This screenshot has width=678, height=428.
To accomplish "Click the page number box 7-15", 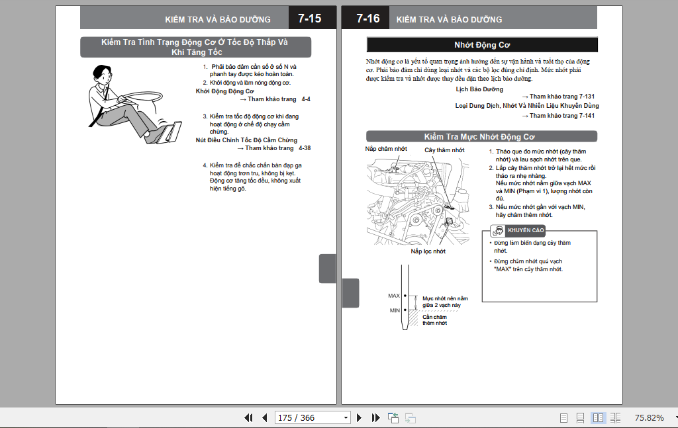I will click(x=309, y=19).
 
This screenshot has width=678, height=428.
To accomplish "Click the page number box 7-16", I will click(x=367, y=19).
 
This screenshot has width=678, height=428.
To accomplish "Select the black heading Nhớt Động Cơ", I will click(x=482, y=45).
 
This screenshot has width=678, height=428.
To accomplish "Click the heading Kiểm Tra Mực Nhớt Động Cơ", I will click(x=482, y=136).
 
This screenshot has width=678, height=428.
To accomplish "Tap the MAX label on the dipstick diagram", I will click(x=394, y=296).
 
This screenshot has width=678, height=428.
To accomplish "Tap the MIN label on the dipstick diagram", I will click(x=395, y=310).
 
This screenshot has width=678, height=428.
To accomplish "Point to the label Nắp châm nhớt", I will click(x=386, y=149).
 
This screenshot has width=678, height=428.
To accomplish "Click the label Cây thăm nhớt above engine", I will click(x=444, y=150).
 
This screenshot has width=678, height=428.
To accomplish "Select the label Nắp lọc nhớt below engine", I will click(x=428, y=251).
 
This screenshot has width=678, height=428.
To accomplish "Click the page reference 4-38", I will click(x=305, y=148).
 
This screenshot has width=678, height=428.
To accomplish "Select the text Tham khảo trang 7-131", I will click(x=561, y=97).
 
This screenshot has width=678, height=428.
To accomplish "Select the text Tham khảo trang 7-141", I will click(x=561, y=116).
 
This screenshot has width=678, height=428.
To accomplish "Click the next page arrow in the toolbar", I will click(x=360, y=417).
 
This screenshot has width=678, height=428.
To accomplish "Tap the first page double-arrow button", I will click(x=249, y=417).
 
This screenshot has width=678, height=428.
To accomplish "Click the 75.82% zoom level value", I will click(x=649, y=417).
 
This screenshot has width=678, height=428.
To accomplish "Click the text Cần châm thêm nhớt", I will click(x=435, y=320).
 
